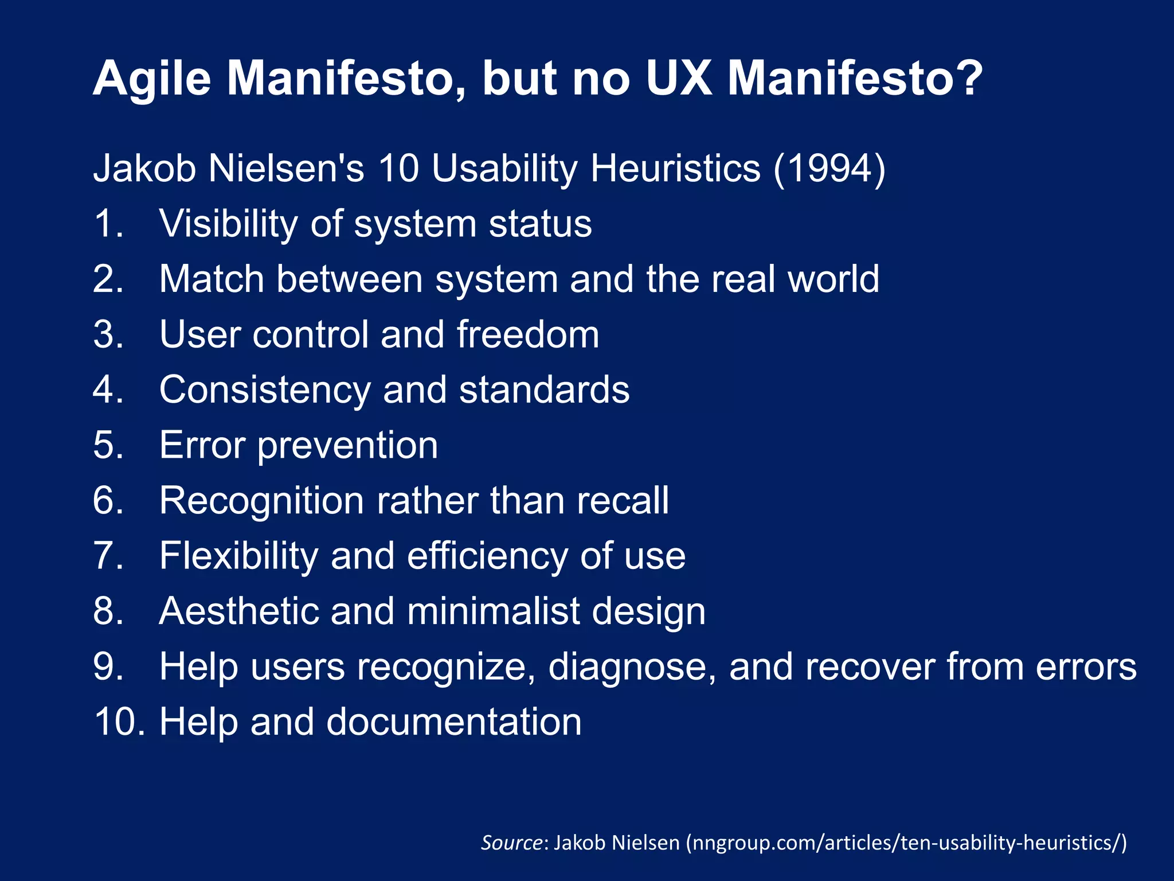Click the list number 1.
tap(107, 223)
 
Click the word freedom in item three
tap(528, 334)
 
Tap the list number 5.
tap(107, 445)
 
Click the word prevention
tap(347, 446)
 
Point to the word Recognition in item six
tap(261, 501)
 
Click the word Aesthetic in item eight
tap(238, 611)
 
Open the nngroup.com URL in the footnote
tap(906, 843)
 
